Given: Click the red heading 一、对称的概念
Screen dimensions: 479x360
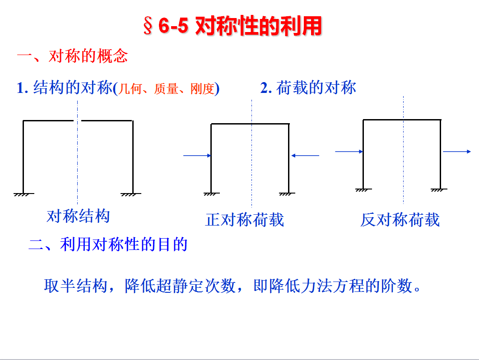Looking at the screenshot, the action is coord(72,56).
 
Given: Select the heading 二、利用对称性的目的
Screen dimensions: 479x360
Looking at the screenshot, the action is coord(108,245).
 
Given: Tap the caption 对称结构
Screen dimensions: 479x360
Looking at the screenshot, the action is coord(78,216).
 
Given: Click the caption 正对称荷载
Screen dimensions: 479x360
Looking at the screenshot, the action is coord(245,220).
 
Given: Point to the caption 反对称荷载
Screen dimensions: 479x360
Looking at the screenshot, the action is coord(400,220).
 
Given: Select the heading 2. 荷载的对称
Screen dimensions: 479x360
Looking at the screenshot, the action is coord(308,88).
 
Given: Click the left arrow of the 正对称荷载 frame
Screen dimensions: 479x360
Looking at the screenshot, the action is coord(197,156).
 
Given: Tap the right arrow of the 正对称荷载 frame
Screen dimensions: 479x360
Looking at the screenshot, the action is coord(305,156).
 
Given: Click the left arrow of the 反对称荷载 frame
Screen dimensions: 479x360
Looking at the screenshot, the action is coord(349,152).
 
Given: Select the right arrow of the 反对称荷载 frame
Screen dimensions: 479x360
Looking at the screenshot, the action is coord(457,152).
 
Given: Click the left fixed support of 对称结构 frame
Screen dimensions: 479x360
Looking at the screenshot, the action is coord(23,194).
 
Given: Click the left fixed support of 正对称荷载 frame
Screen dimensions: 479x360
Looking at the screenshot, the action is coord(211,194).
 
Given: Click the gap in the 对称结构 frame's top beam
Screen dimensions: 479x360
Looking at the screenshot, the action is coord(77,120).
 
